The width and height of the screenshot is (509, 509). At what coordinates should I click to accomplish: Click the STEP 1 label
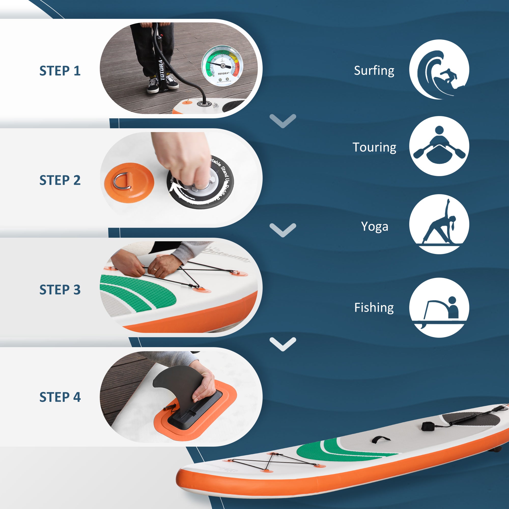60,70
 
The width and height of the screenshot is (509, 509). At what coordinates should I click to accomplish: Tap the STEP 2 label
60,180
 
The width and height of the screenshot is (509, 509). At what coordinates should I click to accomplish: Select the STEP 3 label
60,290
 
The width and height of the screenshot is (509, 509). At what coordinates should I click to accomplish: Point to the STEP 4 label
60,397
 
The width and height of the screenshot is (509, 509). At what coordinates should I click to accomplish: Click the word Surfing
374,70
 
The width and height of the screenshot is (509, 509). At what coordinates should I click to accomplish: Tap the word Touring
374,147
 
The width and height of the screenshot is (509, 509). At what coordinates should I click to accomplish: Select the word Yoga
374,226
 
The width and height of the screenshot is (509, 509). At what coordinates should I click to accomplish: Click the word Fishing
374,307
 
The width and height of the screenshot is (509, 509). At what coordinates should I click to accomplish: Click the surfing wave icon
439,69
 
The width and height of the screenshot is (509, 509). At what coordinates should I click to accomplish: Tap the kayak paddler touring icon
439,146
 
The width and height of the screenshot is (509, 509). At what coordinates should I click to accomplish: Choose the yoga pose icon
439,224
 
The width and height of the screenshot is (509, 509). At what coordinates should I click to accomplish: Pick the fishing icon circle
439,307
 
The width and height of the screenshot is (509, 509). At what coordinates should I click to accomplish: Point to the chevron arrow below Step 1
283,121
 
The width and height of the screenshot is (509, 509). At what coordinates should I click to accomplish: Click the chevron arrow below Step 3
283,344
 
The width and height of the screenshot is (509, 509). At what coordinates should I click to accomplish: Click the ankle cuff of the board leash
426,426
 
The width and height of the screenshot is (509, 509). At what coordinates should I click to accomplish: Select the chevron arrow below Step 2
283,230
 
